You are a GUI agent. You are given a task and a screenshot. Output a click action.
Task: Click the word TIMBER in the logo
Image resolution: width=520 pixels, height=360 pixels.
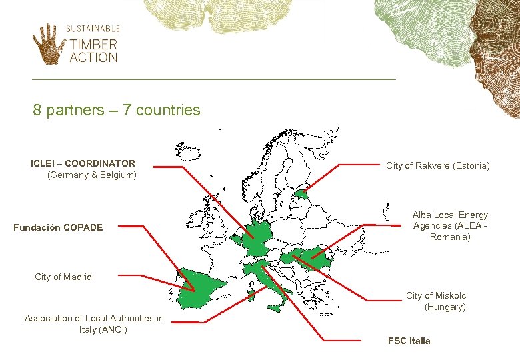[93, 45]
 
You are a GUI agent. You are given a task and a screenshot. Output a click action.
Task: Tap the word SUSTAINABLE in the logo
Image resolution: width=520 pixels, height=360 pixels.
[93, 29]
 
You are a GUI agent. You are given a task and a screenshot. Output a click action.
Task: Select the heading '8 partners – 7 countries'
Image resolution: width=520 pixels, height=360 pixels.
[117, 110]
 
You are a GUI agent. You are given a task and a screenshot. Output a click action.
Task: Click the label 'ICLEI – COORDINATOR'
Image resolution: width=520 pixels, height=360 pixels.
[83, 163]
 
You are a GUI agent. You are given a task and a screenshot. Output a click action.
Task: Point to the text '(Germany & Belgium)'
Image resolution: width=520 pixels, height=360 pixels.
[91, 175]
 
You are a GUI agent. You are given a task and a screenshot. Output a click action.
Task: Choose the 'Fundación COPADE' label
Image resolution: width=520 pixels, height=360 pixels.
[58, 227]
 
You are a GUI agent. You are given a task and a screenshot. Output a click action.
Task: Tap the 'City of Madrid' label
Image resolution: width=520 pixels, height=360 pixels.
[63, 277]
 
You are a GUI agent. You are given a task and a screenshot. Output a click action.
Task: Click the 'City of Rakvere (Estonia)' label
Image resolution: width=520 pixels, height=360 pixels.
[438, 165]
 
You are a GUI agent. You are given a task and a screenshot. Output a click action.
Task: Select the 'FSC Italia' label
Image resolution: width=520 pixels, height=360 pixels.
[409, 341]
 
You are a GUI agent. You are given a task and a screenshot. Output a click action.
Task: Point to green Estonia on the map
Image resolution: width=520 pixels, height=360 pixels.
[302, 195]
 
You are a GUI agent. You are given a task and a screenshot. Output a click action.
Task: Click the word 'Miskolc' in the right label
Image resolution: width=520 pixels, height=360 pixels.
[451, 295]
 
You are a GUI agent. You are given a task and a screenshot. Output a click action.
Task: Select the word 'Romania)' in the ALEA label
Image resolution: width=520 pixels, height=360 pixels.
[450, 237]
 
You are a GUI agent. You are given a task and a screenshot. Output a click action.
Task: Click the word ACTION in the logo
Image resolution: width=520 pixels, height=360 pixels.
[93, 57]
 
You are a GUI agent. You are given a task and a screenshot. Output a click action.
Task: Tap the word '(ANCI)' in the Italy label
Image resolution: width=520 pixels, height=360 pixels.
[103, 329]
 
